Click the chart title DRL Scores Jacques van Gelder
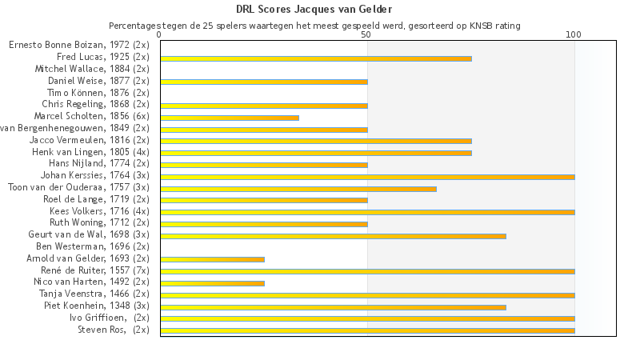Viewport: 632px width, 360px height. (x=314, y=10)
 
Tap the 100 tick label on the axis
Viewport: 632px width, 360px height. (x=574, y=35)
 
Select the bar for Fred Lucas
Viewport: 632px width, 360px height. (x=316, y=58)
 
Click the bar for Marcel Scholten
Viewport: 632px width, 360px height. (x=230, y=118)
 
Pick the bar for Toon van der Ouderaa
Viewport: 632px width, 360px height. (x=298, y=189)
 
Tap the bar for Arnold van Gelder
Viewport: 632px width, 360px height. (x=212, y=259)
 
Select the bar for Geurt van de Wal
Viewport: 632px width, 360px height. (x=333, y=236)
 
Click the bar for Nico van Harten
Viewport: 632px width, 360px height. (x=212, y=283)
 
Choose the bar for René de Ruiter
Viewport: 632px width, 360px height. (x=367, y=271)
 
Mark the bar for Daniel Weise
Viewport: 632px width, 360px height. (x=264, y=82)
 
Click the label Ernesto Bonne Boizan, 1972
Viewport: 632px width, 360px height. (x=79, y=45)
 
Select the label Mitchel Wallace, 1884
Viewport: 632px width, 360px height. (x=92, y=69)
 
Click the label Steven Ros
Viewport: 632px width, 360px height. (x=113, y=330)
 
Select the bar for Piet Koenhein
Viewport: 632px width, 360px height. (x=333, y=306)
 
